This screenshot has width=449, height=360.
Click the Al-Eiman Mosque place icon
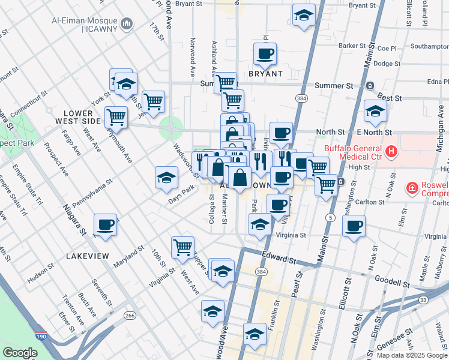127,24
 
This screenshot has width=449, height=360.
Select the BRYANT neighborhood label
265,74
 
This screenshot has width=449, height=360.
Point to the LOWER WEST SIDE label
83,117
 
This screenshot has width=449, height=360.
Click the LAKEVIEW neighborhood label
88,256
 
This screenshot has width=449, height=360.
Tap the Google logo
20,353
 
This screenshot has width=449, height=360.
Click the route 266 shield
130,315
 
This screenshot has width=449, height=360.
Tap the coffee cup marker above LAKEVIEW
106,225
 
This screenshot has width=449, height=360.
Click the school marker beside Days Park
166,177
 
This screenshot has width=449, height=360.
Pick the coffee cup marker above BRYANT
265,54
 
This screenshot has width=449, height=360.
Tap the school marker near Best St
375,110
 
